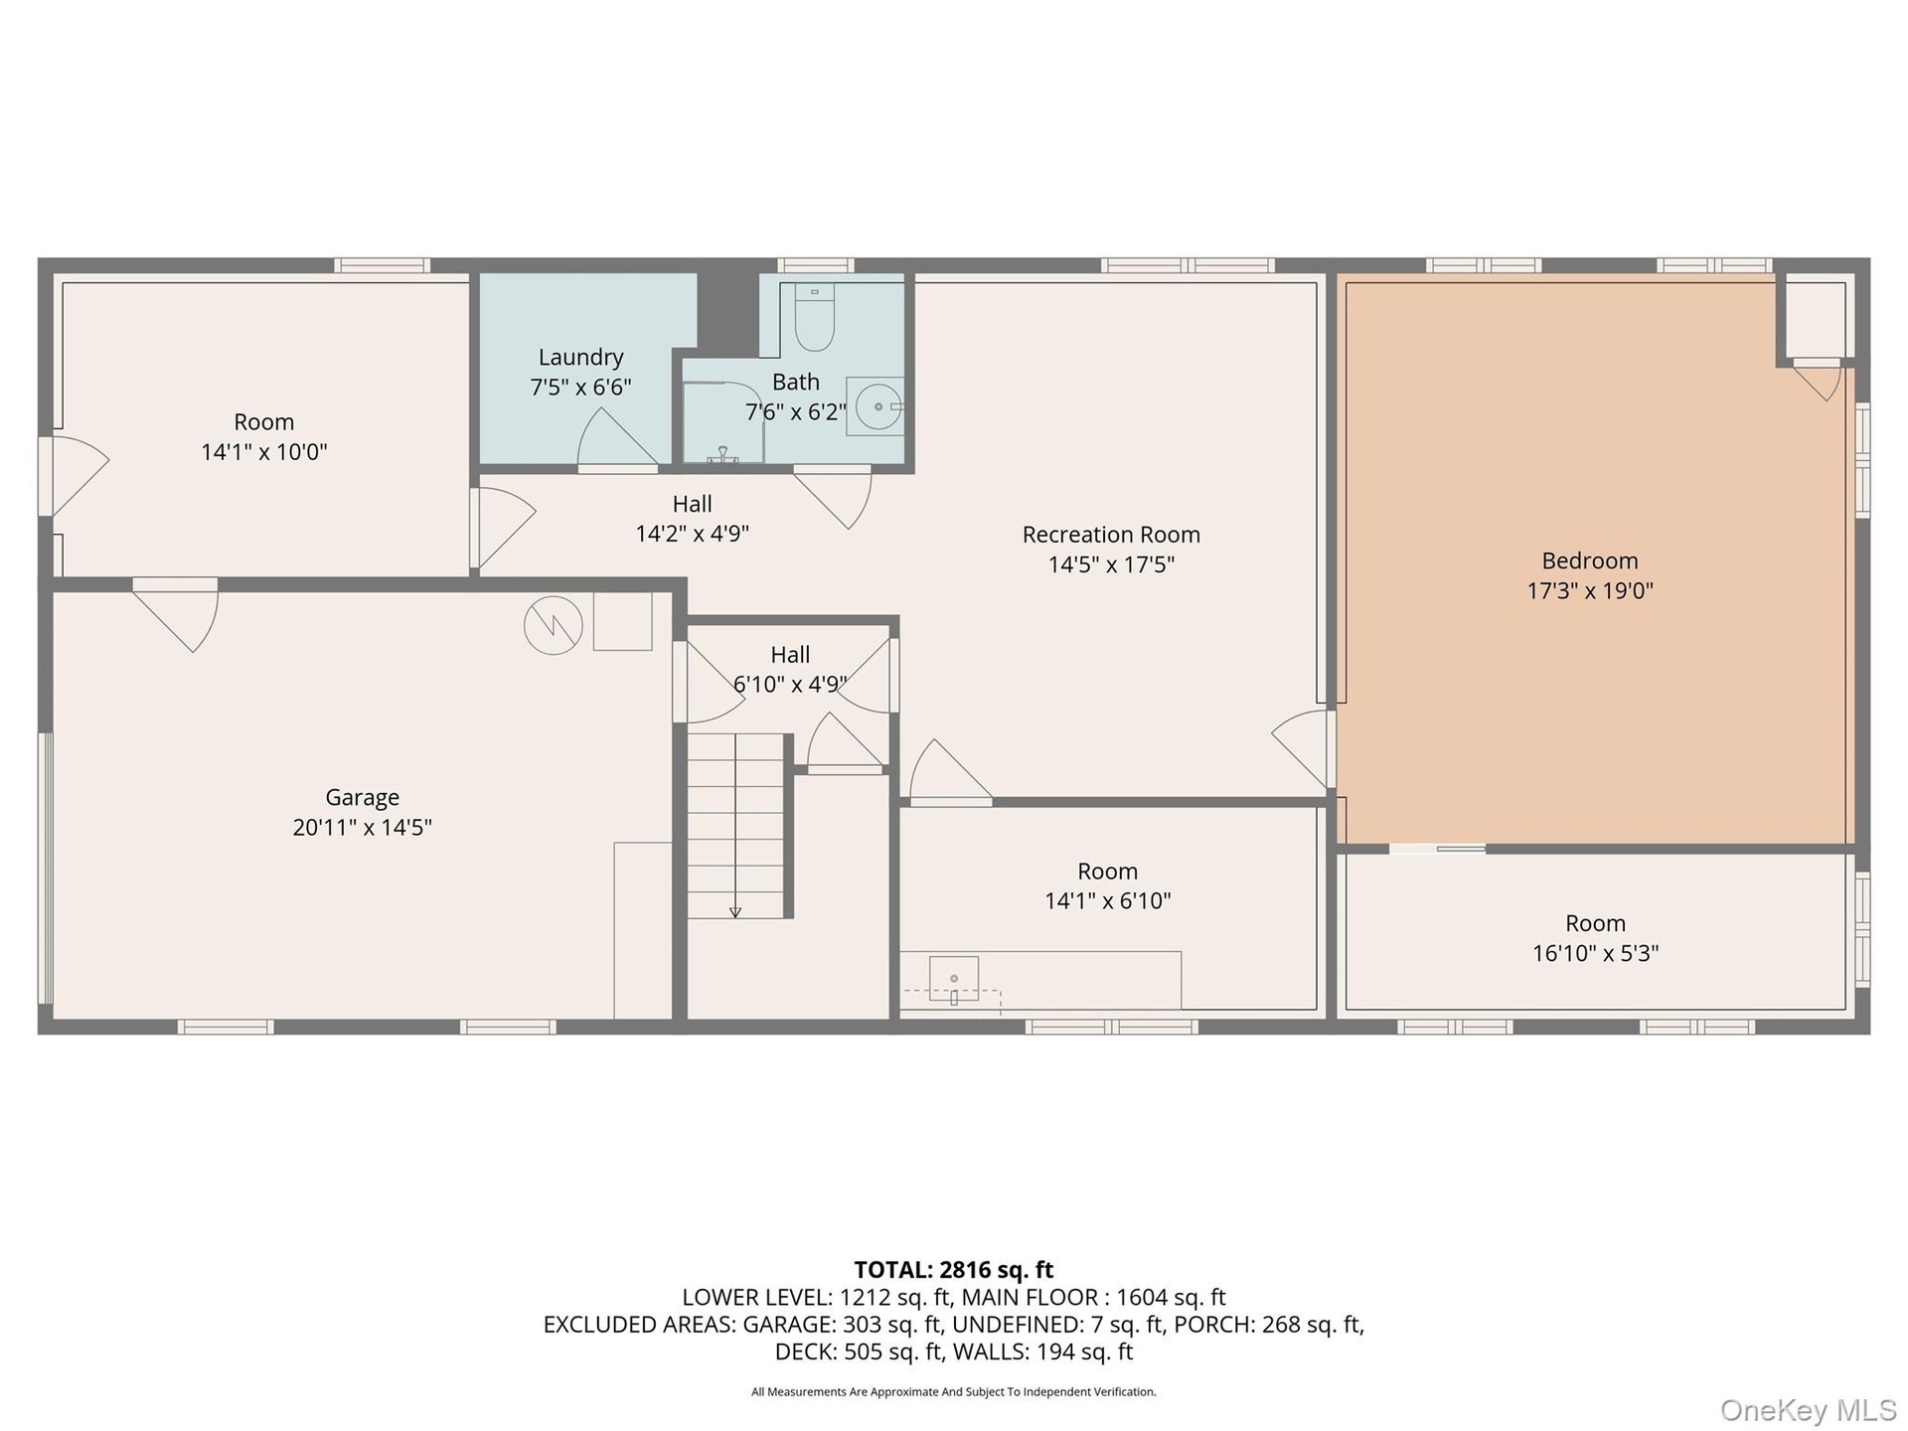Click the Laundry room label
581,357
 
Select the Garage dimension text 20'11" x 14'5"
362,827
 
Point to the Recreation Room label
1111,535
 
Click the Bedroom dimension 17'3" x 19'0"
1590,590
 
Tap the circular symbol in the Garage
554,625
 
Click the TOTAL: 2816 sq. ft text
954,1270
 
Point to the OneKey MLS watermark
1808,1409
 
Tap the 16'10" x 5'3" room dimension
1595,953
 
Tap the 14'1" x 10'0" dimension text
264,452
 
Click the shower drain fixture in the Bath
722,455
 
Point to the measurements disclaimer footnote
954,1392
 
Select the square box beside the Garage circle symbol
623,621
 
